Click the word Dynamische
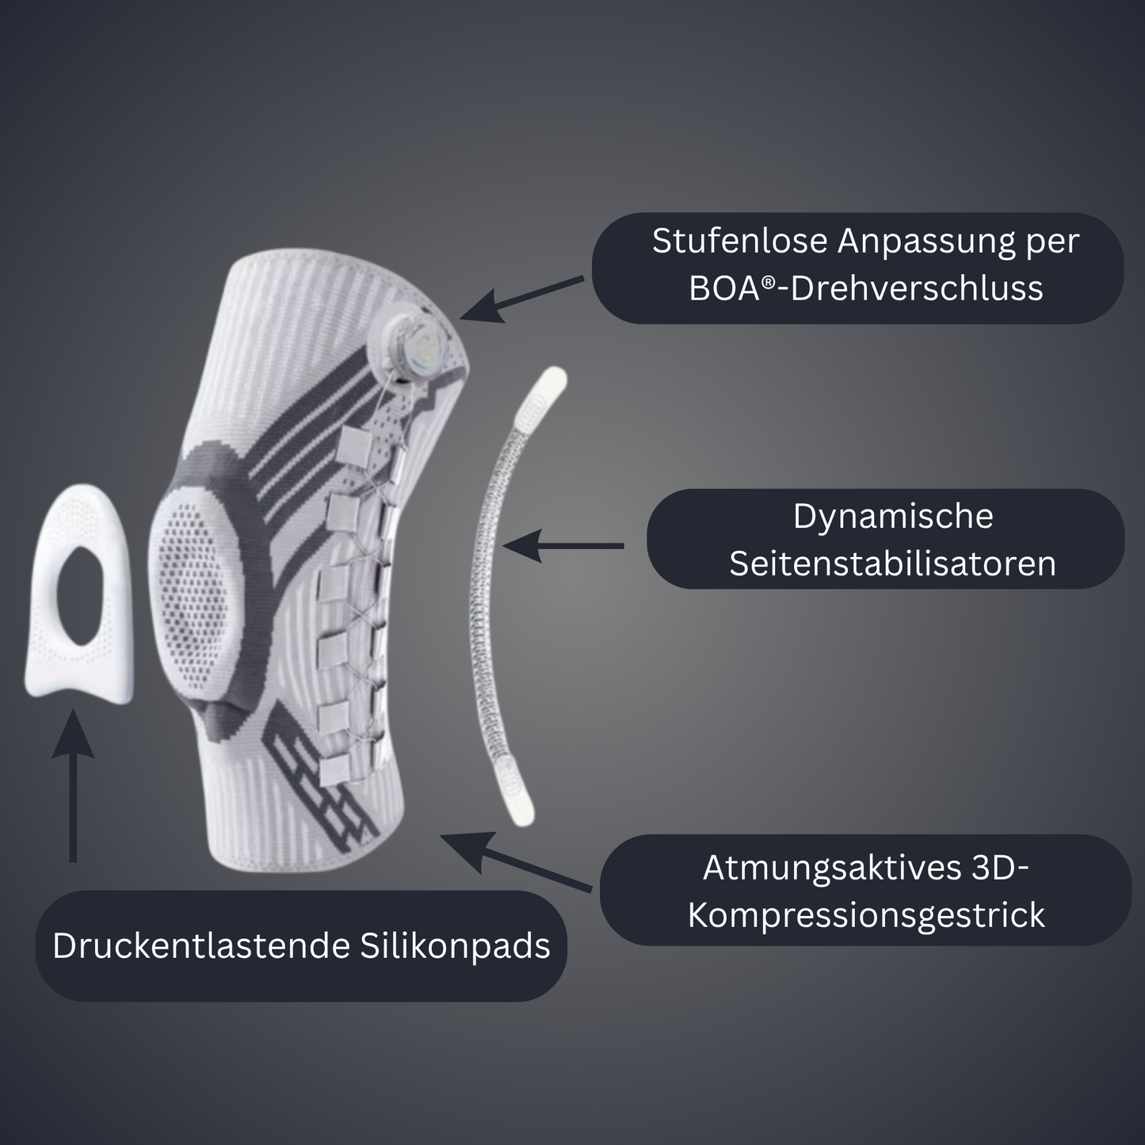click(893, 517)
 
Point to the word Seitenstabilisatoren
click(892, 563)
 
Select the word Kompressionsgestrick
click(866, 916)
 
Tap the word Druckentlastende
click(201, 946)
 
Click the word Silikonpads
click(455, 946)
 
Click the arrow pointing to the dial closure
click(521, 300)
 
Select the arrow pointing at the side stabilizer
click(563, 545)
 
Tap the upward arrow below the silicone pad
click(73, 785)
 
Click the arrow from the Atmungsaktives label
click(516, 861)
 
